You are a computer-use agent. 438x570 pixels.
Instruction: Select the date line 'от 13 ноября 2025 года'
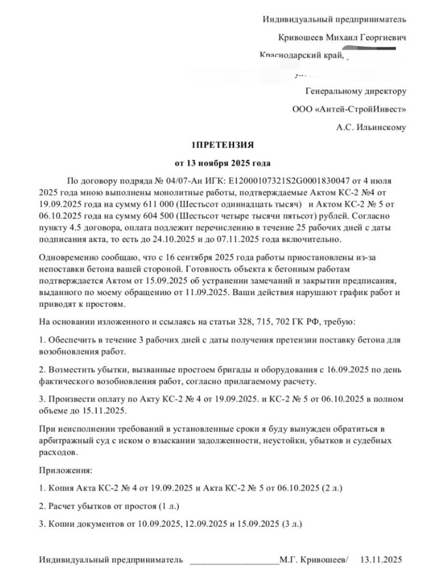pyautogui.click(x=223, y=163)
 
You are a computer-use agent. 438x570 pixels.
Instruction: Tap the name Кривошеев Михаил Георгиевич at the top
pyautogui.click(x=342, y=38)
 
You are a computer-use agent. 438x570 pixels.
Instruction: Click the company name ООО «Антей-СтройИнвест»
pyautogui.click(x=349, y=109)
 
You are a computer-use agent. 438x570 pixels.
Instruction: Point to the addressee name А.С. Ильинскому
pyautogui.click(x=371, y=127)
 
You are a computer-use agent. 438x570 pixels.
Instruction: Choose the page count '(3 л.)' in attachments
pyautogui.click(x=292, y=524)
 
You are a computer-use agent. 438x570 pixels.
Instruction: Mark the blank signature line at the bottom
pyautogui.click(x=234, y=560)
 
